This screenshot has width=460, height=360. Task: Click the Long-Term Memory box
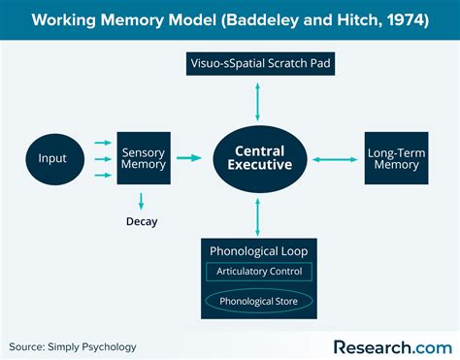coord(392,158)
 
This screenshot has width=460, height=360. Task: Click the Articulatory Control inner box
coord(258,272)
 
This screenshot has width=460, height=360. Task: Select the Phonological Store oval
coord(258,300)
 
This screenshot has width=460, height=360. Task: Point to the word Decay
coord(141,221)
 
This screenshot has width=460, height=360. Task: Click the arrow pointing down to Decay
coord(141,200)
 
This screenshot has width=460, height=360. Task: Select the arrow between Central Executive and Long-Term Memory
coord(336,158)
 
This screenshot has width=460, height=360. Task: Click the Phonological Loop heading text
coord(258,250)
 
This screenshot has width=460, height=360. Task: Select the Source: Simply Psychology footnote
coord(73,346)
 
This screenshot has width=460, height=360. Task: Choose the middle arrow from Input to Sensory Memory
coord(102,158)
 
